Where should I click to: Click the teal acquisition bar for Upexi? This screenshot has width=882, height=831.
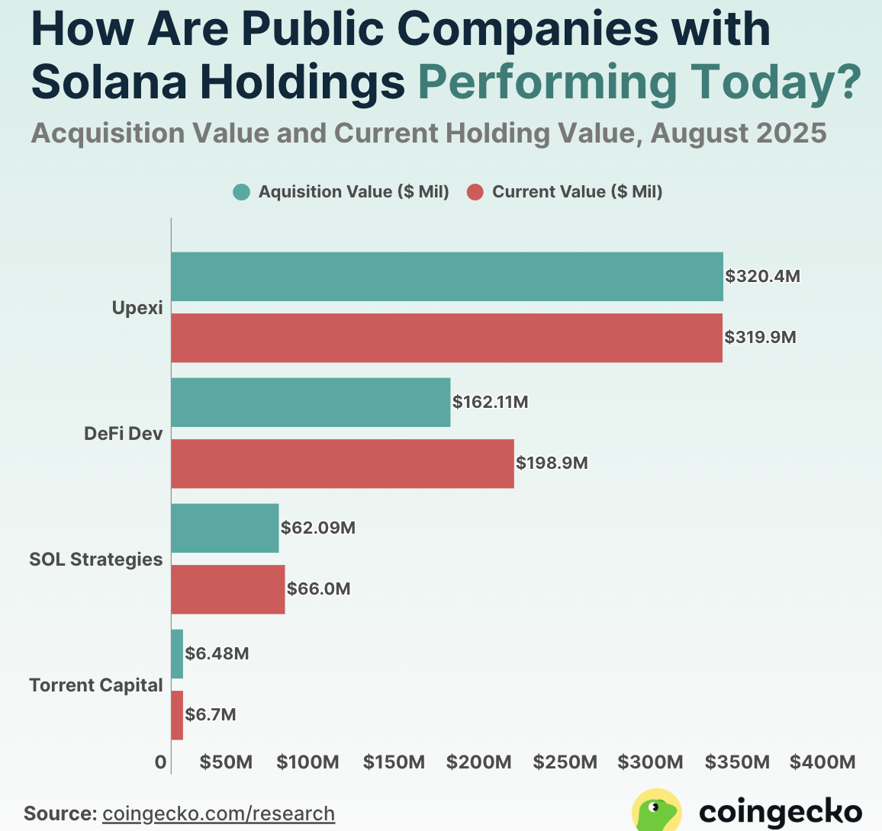click(446, 277)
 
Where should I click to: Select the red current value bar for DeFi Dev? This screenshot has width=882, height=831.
click(342, 464)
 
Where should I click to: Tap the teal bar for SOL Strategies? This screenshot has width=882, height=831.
click(224, 528)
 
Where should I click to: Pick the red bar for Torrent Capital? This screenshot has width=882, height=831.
click(177, 715)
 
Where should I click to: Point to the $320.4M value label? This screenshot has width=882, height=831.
click(762, 276)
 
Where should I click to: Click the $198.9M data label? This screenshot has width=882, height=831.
click(552, 463)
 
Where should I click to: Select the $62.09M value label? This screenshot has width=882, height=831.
click(317, 528)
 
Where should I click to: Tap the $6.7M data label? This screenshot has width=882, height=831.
click(211, 715)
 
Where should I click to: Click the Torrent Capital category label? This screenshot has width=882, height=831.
click(96, 685)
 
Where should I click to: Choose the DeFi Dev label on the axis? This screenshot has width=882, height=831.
click(123, 434)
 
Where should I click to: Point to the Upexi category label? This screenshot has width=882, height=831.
click(137, 309)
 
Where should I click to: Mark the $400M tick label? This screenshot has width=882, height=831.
click(822, 762)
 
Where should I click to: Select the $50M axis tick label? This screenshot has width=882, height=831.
click(226, 762)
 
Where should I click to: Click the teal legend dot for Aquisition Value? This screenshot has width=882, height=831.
click(242, 192)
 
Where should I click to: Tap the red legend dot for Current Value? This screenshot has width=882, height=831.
click(475, 192)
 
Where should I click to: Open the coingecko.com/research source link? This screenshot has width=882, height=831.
click(218, 813)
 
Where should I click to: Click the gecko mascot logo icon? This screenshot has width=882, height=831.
click(657, 810)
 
